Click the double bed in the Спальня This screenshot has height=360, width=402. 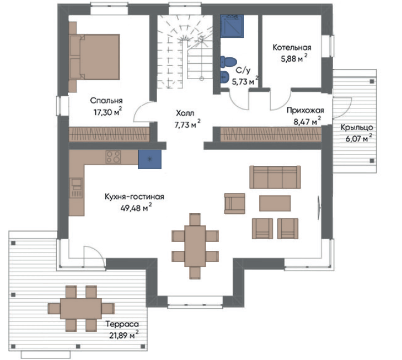pos(95,57)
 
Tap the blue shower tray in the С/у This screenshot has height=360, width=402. pos(232,26)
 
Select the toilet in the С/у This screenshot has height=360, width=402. pos(228,62)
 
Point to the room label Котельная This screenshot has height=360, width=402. pos(292,47)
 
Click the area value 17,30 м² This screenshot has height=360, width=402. pos(107,112)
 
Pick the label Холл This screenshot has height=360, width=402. pos(185,113)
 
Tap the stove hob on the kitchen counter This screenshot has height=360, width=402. pos(113,157)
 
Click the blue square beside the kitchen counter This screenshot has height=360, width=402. pos(150,159)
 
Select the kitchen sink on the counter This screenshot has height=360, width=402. pos(76,188)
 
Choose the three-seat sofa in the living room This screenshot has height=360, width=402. pos(275,177)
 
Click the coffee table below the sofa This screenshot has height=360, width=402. pos(274,203)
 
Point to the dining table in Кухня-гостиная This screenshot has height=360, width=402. pos(195,246)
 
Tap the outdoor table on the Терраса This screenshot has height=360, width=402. pos(81,308)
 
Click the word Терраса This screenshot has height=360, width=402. pos(122,324)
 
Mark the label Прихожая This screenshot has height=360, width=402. pos(305,110)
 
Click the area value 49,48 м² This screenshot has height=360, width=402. pos(136,208)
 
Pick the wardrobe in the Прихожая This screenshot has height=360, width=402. pos(271,134)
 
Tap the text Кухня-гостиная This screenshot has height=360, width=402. pos(134,196)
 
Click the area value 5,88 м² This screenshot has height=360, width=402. pos(294,58)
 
